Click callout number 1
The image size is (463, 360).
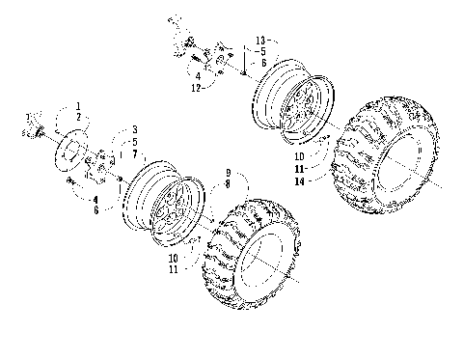pos(80,104)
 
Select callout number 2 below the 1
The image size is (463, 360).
pos(80,116)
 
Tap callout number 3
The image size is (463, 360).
pos(134,129)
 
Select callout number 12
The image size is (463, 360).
pos(197,88)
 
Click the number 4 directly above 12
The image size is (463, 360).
pos(197,75)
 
